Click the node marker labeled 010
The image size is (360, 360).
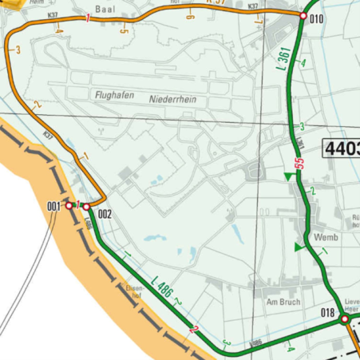click(303, 16)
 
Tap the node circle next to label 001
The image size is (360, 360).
click(69, 206)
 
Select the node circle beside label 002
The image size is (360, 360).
click(86, 208)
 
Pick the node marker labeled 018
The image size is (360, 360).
click(344, 319)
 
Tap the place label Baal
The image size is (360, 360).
click(105, 9)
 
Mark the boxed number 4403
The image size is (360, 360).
click(342, 148)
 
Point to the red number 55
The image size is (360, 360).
click(299, 164)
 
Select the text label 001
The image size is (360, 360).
click(53, 207)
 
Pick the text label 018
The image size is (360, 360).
click(327, 312)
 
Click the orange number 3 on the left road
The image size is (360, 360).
click(18, 50)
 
